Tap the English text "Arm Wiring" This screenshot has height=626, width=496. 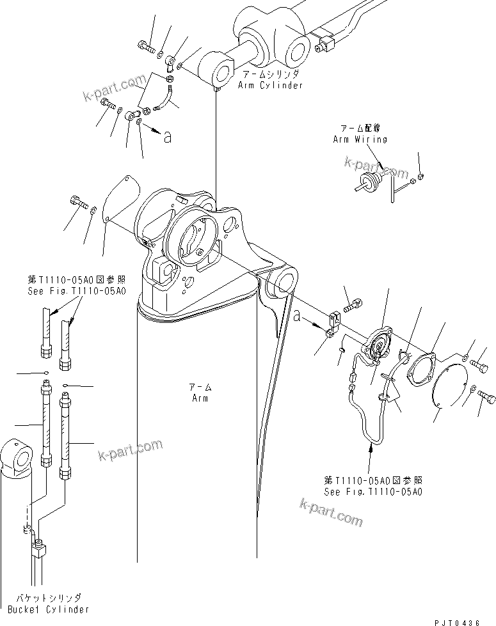360,139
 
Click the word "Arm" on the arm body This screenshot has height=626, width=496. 200,398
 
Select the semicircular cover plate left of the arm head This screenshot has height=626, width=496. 122,197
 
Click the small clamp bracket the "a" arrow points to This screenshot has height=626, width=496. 332,322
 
